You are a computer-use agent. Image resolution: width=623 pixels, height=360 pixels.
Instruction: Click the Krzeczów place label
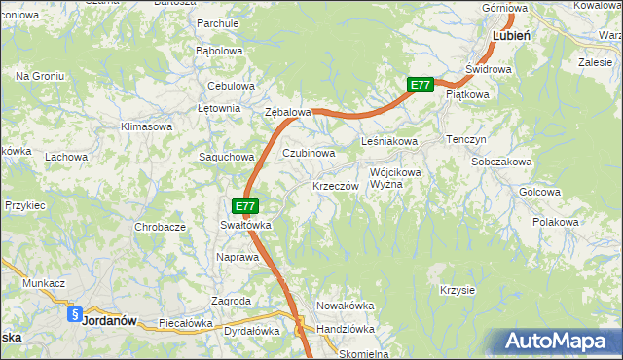[x=337, y=186]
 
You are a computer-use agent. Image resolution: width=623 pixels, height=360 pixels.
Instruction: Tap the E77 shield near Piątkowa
[x=420, y=86]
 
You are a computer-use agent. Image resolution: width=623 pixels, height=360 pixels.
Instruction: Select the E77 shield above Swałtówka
[x=246, y=206]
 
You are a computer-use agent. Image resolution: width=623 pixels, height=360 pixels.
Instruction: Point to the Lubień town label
[x=511, y=35]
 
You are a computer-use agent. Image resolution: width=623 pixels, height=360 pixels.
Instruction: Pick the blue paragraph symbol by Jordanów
[x=75, y=314]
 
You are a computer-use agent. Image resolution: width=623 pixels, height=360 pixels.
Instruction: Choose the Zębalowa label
[x=288, y=113]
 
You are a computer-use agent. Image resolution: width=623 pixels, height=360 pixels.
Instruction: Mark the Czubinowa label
[x=309, y=154]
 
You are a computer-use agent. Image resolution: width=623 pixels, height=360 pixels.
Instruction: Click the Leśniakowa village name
[x=389, y=142]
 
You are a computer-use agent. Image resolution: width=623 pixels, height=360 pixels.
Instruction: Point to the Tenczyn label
[x=466, y=139]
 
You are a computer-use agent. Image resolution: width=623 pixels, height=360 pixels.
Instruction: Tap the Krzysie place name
[x=457, y=290]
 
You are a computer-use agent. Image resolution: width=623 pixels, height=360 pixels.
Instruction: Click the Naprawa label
[x=238, y=258]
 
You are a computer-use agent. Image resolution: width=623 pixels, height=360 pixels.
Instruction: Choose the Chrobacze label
[x=161, y=227]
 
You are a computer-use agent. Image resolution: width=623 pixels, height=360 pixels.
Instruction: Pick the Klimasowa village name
[x=146, y=127]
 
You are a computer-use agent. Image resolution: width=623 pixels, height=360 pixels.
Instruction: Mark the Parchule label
[x=218, y=22]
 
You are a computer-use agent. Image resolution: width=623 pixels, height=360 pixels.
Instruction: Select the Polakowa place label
[x=556, y=223]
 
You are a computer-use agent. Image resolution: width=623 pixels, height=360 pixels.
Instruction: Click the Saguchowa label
[x=227, y=157]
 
